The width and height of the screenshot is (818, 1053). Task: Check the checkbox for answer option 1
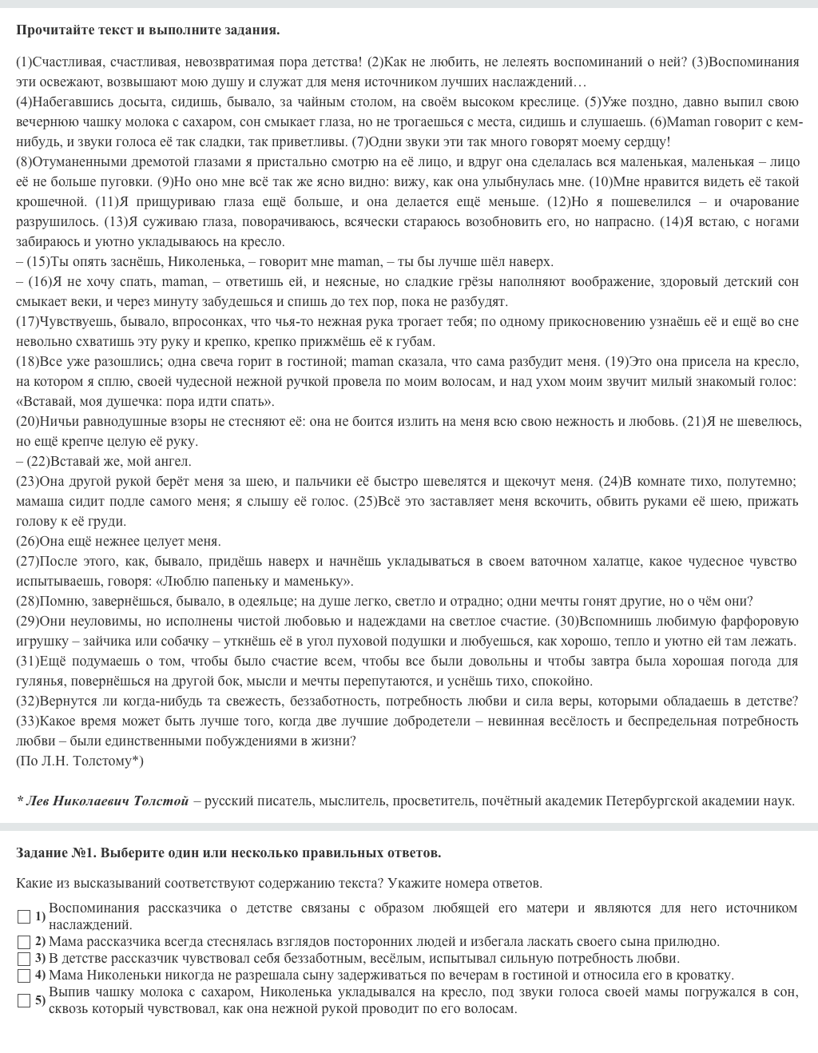[x=24, y=916]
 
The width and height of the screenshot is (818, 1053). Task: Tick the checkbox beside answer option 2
[x=24, y=942]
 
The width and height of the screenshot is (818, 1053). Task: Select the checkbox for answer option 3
[x=24, y=959]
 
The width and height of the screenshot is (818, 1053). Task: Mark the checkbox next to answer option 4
[x=24, y=976]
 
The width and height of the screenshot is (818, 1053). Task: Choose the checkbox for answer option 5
[x=24, y=1000]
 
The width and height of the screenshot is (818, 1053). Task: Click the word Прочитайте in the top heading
[x=50, y=30]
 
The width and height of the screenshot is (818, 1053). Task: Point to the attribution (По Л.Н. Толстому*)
[x=80, y=761]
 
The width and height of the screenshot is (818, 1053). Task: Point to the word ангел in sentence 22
[x=174, y=462]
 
